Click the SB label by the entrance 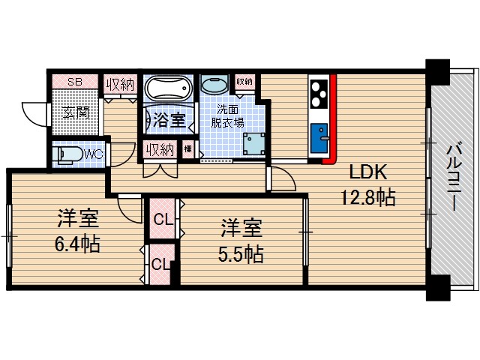[76, 82]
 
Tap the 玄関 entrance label [75, 113]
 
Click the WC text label [94, 154]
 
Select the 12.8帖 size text [366, 199]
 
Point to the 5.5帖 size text [241, 253]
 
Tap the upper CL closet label [162, 220]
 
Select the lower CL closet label [160, 264]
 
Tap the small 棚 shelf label [187, 150]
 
